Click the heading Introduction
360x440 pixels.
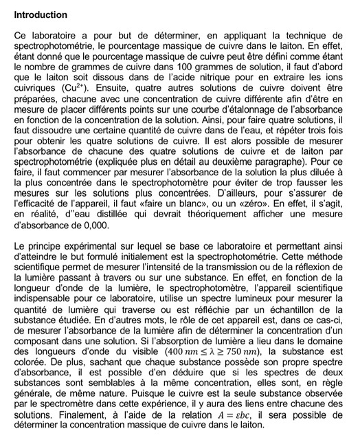[41, 14]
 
